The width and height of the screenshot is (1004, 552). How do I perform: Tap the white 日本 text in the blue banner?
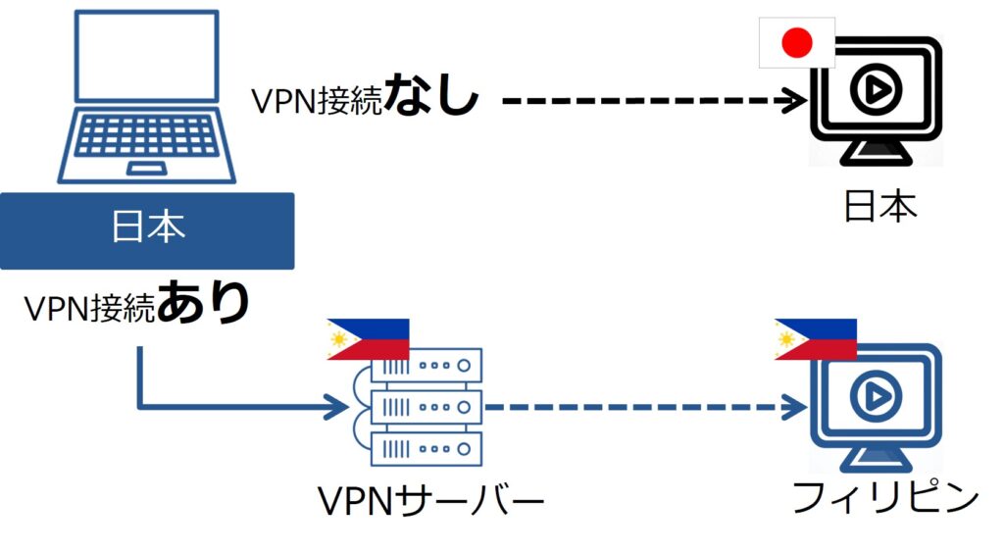147,228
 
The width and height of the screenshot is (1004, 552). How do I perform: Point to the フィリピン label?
885,498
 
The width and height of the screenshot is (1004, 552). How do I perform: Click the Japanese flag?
797,42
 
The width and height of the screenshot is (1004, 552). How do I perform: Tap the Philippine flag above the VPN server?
368,339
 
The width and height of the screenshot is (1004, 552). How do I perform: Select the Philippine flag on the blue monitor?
816,339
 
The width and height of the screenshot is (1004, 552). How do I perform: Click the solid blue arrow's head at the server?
339,405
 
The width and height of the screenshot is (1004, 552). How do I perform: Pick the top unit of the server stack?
427,365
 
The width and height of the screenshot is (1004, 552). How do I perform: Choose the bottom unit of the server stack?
427,448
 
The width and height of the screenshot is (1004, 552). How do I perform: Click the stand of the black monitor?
876,152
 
